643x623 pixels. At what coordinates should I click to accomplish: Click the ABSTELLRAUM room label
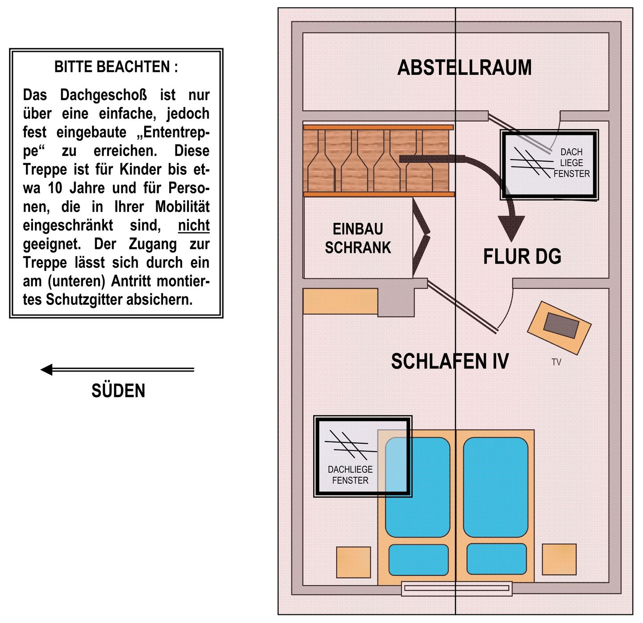pyautogui.click(x=464, y=68)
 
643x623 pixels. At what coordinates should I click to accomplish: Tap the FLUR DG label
pyautogui.click(x=522, y=256)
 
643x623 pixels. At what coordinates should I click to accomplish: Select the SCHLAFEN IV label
pyautogui.click(x=450, y=361)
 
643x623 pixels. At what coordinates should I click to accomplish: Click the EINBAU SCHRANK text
pyautogui.click(x=358, y=238)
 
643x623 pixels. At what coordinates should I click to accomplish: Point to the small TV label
pyautogui.click(x=556, y=362)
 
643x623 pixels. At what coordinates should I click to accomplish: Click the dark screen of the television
pyautogui.click(x=561, y=325)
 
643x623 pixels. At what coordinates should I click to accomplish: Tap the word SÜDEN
pyautogui.click(x=118, y=391)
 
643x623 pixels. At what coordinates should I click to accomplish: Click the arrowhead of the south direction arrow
pyautogui.click(x=46, y=370)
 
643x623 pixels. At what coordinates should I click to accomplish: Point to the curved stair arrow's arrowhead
pyautogui.click(x=511, y=228)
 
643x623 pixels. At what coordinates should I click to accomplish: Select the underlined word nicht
pyautogui.click(x=194, y=226)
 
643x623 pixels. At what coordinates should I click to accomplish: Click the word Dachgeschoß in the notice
pyautogui.click(x=104, y=95)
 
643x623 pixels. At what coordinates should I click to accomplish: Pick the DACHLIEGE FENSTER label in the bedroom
pyautogui.click(x=350, y=475)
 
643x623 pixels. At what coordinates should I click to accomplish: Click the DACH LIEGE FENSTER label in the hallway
pyautogui.click(x=572, y=163)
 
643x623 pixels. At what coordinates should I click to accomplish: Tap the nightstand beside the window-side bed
pyautogui.click(x=353, y=563)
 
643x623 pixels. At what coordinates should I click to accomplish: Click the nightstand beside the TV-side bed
pyautogui.click(x=559, y=560)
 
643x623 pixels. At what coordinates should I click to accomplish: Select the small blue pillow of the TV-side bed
pyautogui.click(x=497, y=559)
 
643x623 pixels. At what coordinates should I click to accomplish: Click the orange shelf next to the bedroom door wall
pyautogui.click(x=340, y=301)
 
